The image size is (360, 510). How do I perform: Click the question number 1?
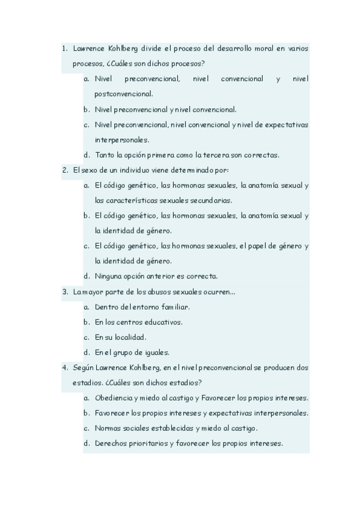click(64, 48)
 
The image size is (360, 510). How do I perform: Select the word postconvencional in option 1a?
click(123, 94)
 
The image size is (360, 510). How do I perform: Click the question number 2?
click(64, 170)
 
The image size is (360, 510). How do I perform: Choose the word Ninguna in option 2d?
click(109, 277)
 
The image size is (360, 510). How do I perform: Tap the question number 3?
click(64, 292)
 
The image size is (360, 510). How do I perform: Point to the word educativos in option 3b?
click(163, 322)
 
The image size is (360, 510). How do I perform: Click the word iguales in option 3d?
click(153, 353)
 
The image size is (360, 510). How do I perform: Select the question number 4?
click(64, 368)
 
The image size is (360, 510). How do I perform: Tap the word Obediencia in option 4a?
click(114, 398)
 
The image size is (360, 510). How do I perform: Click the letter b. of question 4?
click(87, 414)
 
